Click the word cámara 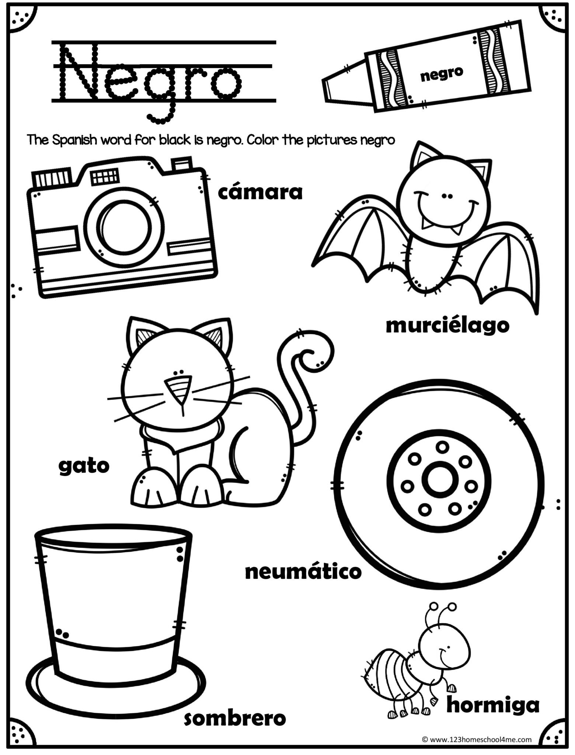pyautogui.click(x=260, y=193)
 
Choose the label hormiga pyautogui.click(x=492, y=704)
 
